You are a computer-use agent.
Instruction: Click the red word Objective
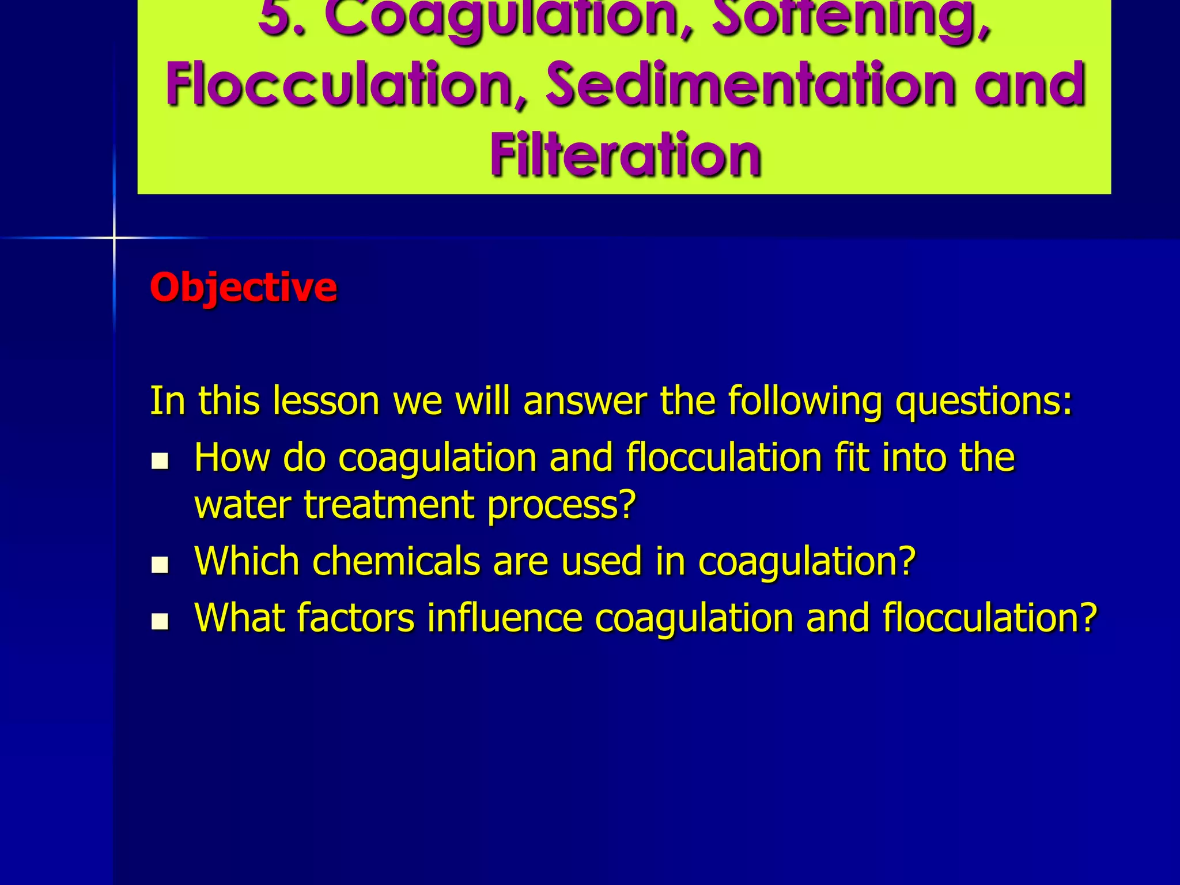coord(243,287)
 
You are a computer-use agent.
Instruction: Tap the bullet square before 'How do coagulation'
coord(160,461)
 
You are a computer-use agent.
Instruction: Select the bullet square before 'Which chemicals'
coord(160,565)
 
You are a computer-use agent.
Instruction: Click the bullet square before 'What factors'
coord(160,621)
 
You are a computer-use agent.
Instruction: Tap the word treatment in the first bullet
coord(389,505)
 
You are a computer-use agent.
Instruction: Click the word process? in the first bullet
coord(561,505)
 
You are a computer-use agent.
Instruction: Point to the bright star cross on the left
coord(114,237)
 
